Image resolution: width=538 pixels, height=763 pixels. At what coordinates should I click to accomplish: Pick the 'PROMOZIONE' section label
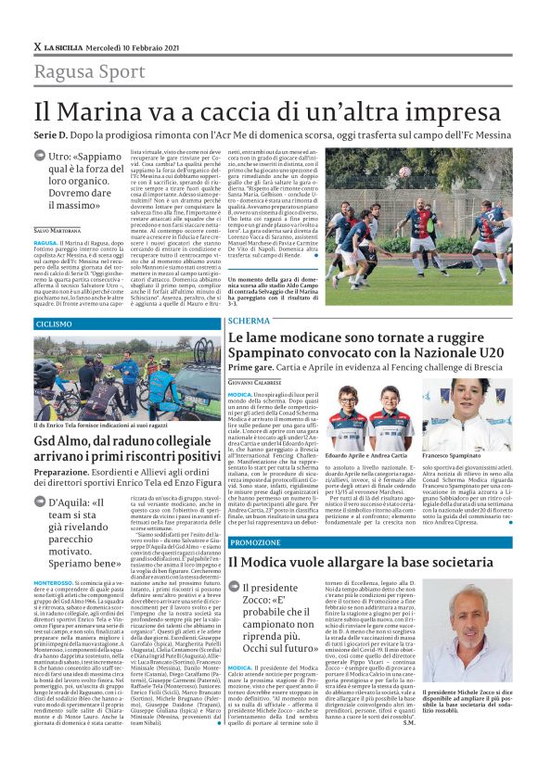(254, 541)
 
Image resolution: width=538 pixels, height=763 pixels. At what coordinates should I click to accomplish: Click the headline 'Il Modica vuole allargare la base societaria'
(366, 562)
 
